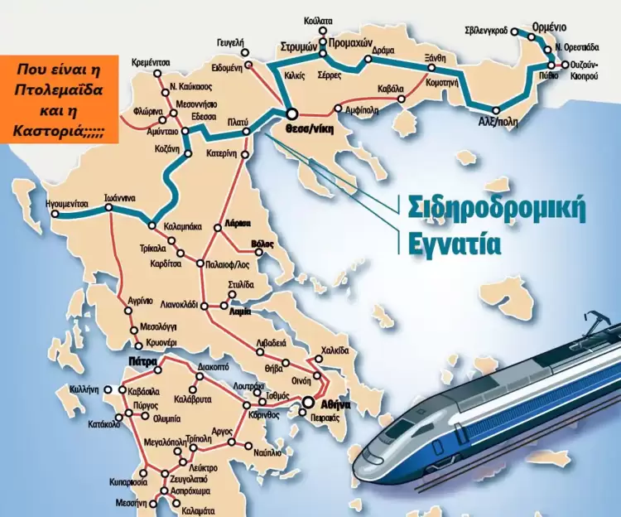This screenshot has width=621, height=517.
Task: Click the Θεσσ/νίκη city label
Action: (x=292, y=129)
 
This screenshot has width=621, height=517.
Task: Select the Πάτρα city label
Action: (x=142, y=362)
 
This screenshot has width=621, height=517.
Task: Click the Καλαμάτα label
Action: (x=197, y=510)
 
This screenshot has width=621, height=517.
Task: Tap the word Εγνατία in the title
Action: (x=454, y=244)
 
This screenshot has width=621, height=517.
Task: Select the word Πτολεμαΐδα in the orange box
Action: (x=59, y=91)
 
